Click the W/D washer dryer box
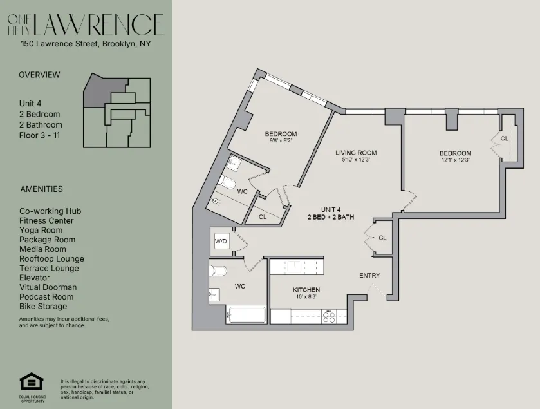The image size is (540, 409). (x=220, y=241)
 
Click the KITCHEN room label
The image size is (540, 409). (x=306, y=290)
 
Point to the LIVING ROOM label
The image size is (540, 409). (x=356, y=153)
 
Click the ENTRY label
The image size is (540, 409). (x=369, y=276)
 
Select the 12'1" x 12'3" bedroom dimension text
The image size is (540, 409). (x=455, y=160)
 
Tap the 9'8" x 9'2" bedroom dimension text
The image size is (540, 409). (x=281, y=141)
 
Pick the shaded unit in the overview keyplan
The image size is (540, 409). (x=103, y=90)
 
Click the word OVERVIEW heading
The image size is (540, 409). (x=39, y=75)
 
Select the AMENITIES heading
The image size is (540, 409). (x=41, y=189)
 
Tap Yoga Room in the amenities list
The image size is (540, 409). (x=41, y=230)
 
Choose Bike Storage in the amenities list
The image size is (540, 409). (x=42, y=307)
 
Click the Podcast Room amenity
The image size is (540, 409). (x=46, y=297)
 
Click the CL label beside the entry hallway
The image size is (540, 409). (x=382, y=238)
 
